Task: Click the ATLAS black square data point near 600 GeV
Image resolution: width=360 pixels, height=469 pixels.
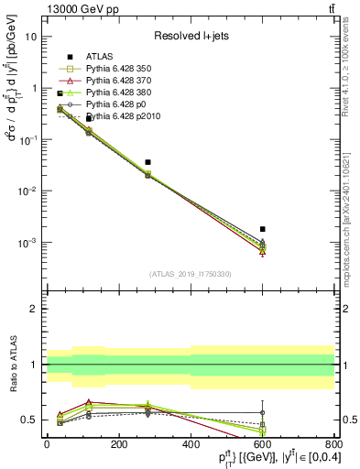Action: tap(263, 229)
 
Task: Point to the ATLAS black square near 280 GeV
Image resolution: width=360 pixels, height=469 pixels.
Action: tap(147, 162)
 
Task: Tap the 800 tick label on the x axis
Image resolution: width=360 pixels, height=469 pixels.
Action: tap(333, 444)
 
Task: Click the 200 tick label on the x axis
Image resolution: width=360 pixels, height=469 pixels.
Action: tap(118, 444)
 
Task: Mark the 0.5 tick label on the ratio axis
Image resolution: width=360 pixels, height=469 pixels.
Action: tap(29, 420)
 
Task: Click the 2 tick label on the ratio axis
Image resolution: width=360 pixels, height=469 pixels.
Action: tap(35, 310)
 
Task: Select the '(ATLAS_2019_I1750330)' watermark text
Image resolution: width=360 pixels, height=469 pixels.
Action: tap(191, 274)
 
